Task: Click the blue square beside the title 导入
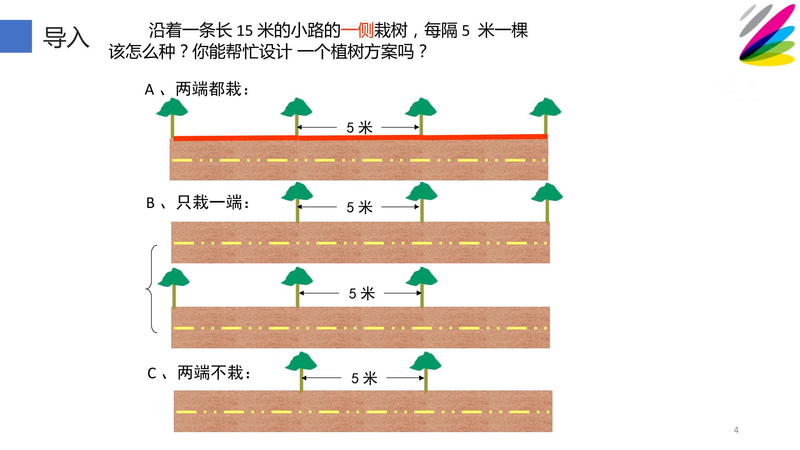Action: pos(16,36)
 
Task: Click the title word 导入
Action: pos(66,37)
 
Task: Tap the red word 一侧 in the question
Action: pos(357,30)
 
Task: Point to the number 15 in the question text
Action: pos(245,30)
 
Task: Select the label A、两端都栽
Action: pos(197,89)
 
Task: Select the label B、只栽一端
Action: pos(198,203)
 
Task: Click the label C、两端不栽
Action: pos(199,373)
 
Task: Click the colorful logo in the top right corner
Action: pos(767,35)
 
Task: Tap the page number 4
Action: pos(736,430)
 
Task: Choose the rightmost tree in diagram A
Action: pos(545,117)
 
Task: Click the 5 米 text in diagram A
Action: pos(360,127)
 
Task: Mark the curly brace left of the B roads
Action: pos(150,289)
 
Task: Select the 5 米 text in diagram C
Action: pos(364,378)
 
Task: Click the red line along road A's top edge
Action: pos(360,137)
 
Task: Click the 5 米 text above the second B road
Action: pos(362,293)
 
